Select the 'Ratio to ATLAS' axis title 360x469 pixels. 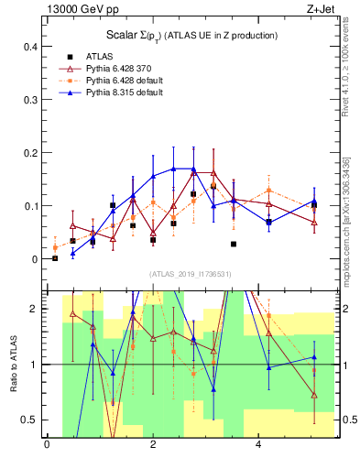[12, 364]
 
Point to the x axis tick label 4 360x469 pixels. [259, 445]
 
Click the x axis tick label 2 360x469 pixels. [153, 445]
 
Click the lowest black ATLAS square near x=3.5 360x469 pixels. [234, 245]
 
